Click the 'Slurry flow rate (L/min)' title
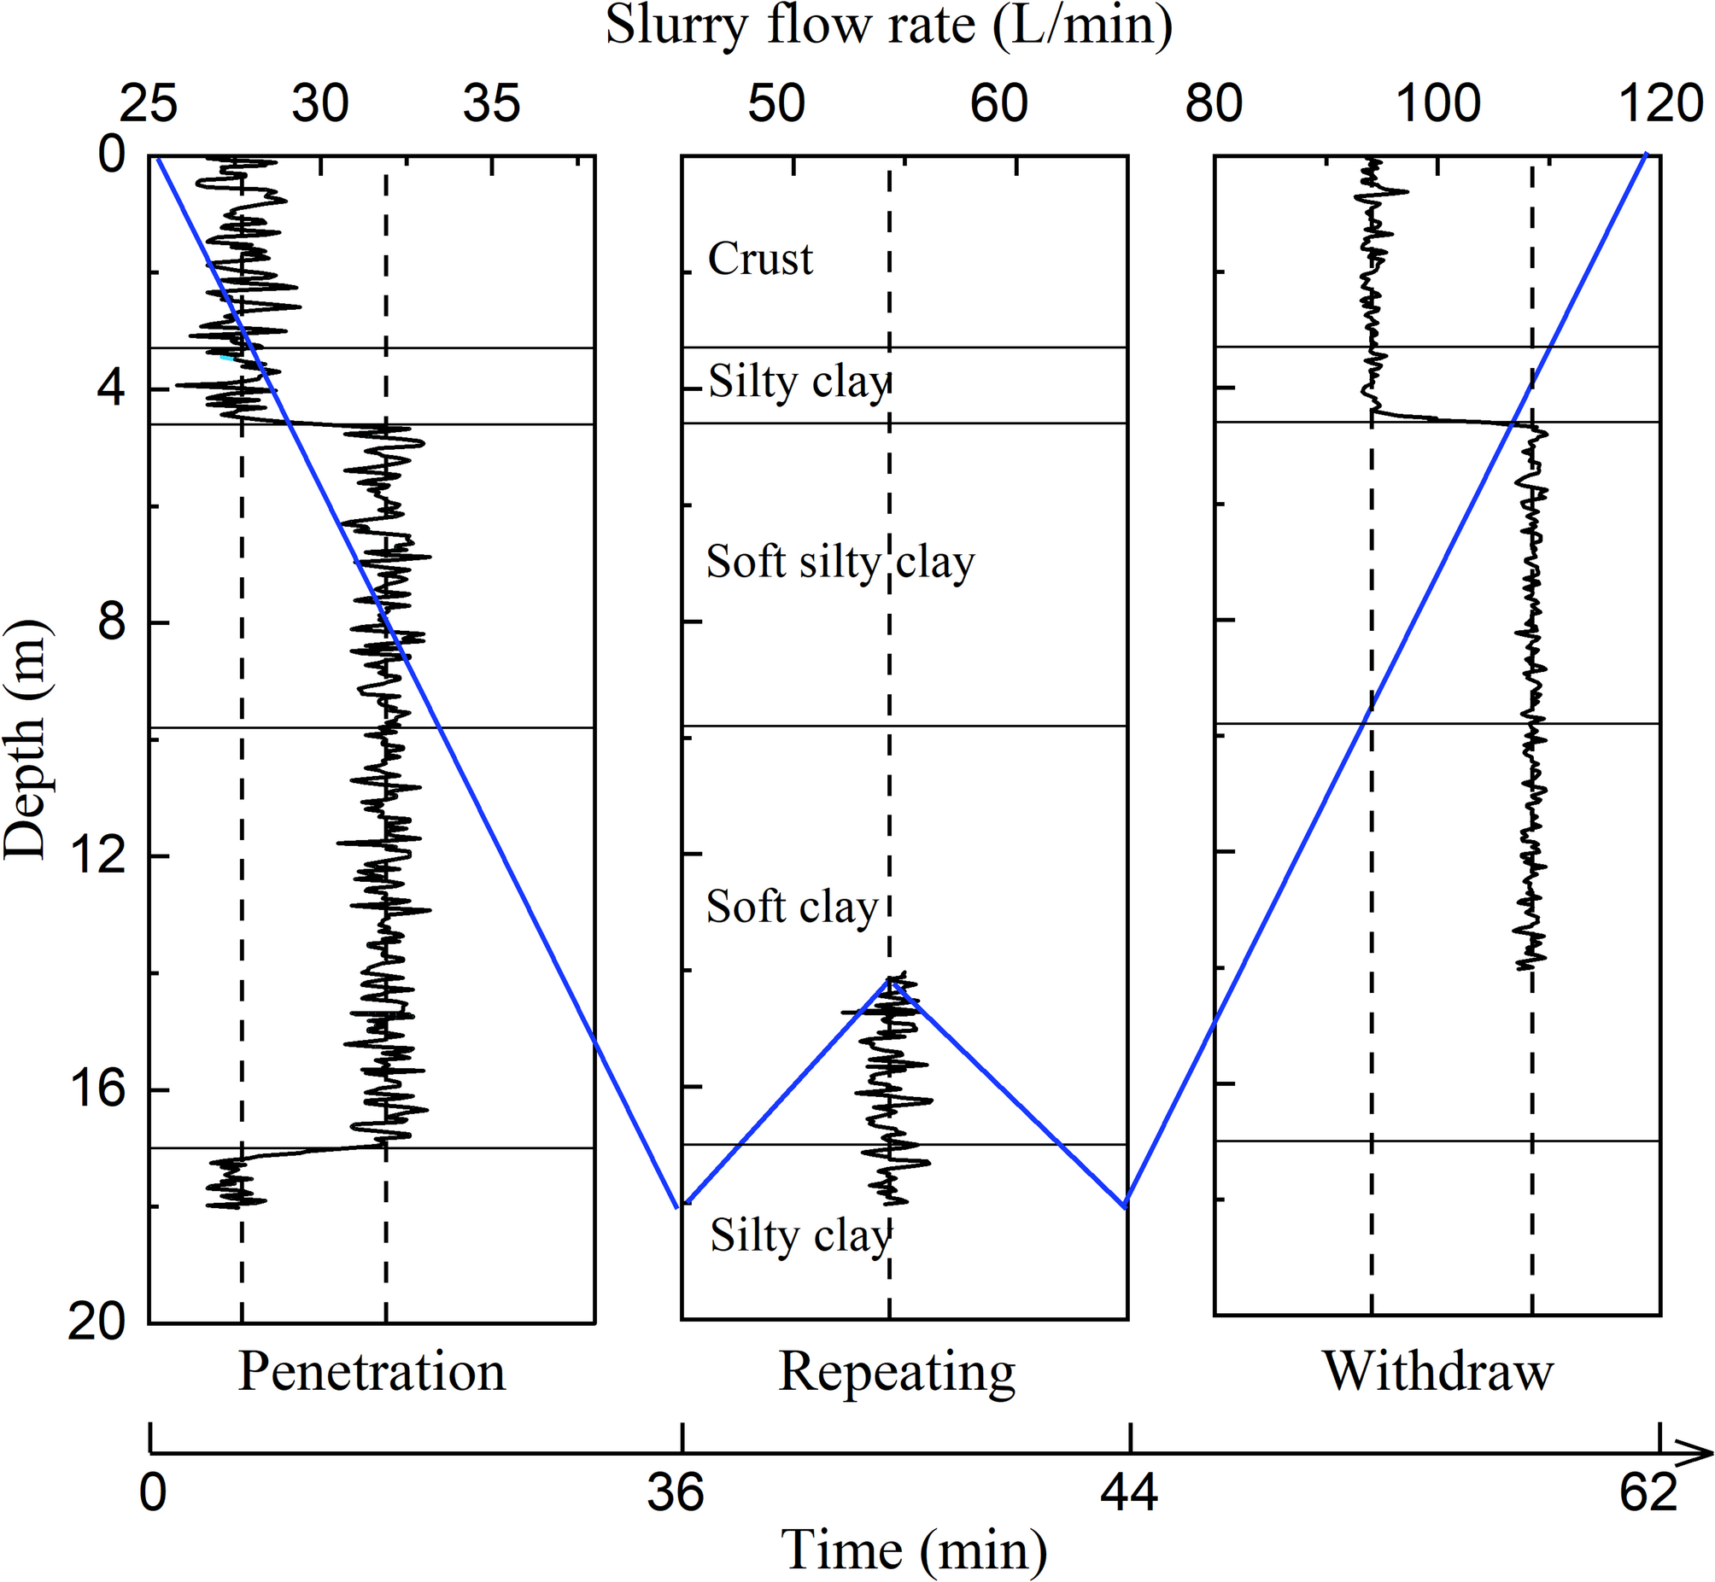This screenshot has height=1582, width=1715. pos(889,26)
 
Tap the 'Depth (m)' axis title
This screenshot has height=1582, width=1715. pos(26,740)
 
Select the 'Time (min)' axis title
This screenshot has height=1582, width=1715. pos(915,1550)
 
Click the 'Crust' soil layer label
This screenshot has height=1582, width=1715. pos(760,259)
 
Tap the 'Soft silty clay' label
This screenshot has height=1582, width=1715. pos(840,563)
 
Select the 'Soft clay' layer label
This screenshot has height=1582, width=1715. pos(792,907)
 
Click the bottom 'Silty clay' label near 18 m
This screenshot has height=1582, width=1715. pos(800,1235)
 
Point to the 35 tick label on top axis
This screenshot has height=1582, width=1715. pos(491,104)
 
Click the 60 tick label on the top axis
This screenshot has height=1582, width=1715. pos(998,104)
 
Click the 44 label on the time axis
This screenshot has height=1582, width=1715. pos(1129,1493)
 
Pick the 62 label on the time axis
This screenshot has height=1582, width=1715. pos(1648,1493)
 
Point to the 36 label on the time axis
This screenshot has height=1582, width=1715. pos(676,1493)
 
